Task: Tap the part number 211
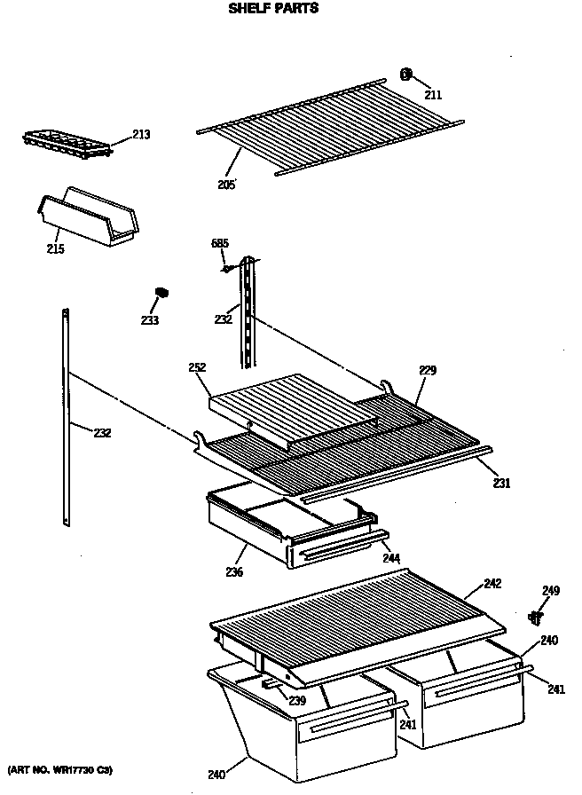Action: pyautogui.click(x=432, y=95)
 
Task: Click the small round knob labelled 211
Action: pyautogui.click(x=407, y=75)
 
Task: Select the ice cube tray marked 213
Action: pyautogui.click(x=67, y=145)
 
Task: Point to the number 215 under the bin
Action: pyautogui.click(x=55, y=249)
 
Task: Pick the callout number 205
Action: pyautogui.click(x=226, y=185)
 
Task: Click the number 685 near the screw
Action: pyautogui.click(x=220, y=243)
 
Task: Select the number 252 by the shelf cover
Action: pyautogui.click(x=198, y=367)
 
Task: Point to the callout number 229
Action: pyautogui.click(x=428, y=370)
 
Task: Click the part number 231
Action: pyautogui.click(x=501, y=484)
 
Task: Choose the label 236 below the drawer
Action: pyautogui.click(x=234, y=573)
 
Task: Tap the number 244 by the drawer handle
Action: pyautogui.click(x=391, y=559)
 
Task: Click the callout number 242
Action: pyautogui.click(x=492, y=583)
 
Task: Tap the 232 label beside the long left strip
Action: pyautogui.click(x=104, y=433)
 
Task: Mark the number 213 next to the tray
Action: pyautogui.click(x=141, y=135)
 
